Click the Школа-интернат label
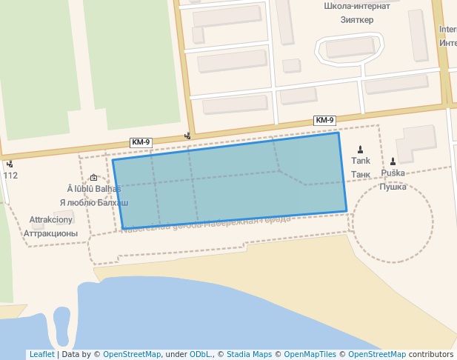point(357,7)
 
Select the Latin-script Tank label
point(361,161)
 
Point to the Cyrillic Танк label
point(361,174)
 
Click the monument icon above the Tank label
point(361,149)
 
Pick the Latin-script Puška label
point(393,173)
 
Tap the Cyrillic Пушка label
point(393,187)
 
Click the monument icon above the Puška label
point(393,161)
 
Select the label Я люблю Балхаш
point(93,202)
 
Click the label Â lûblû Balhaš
point(93,189)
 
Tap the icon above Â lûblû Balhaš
point(93,177)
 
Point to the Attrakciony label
point(51,220)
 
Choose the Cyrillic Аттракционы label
point(51,233)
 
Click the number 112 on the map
point(10,176)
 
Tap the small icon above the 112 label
point(10,164)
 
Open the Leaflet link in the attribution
point(41,354)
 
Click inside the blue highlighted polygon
point(230,181)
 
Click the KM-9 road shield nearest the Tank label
point(324,120)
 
